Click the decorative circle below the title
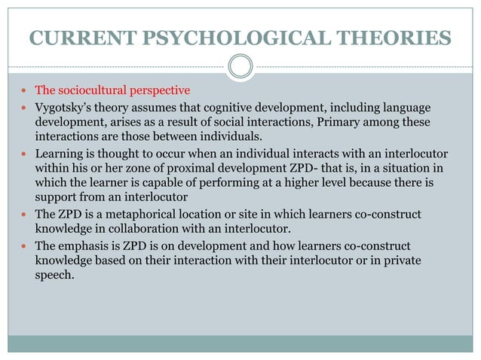[x=240, y=68]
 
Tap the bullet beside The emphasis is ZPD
[x=25, y=246]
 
